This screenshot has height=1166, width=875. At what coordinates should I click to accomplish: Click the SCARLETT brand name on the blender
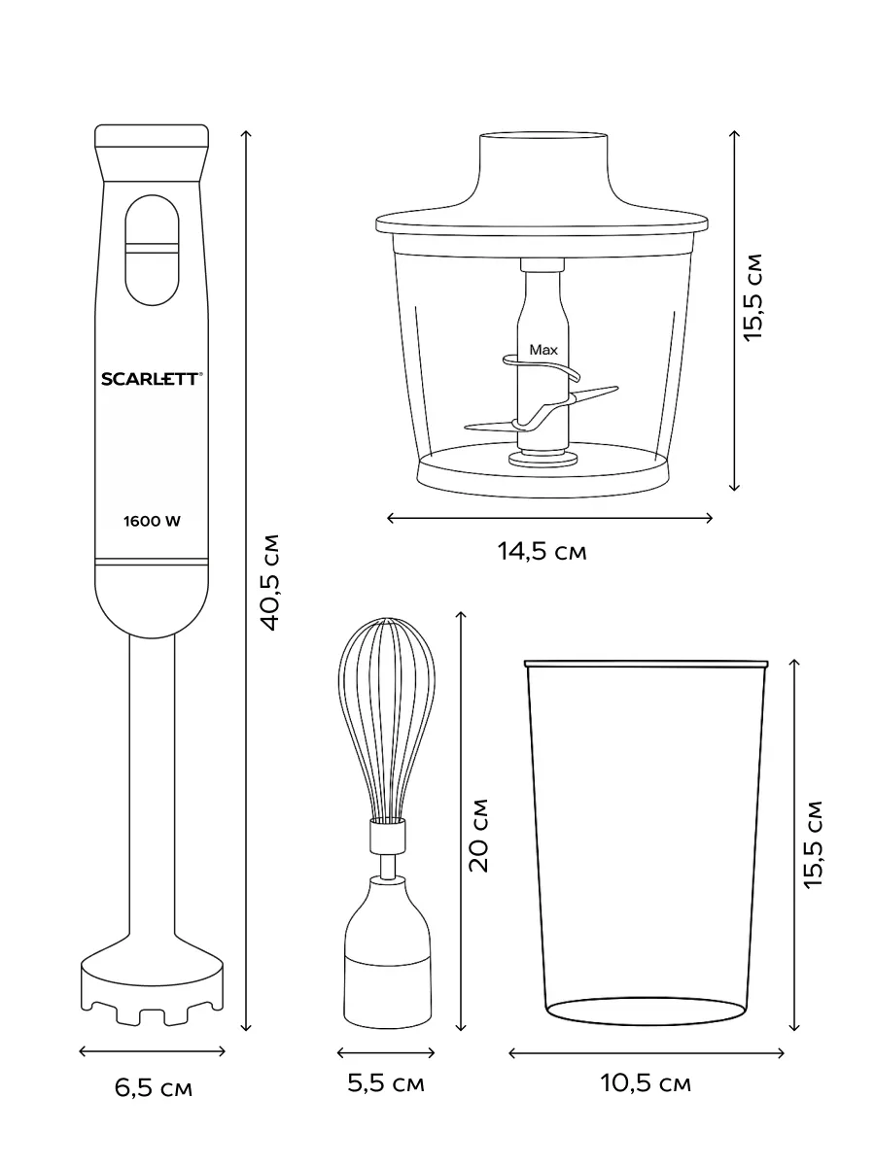pos(152,379)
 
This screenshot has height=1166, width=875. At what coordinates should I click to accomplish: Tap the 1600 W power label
pos(152,521)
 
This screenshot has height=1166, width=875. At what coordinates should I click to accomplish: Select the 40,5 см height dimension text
pos(270,582)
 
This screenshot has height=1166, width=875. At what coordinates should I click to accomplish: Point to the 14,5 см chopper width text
pos(542,551)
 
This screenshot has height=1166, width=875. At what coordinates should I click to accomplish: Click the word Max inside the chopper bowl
pos(543,350)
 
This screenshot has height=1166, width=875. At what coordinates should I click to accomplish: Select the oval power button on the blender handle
pos(152,250)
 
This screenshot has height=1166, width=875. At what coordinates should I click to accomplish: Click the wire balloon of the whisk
pos(386,718)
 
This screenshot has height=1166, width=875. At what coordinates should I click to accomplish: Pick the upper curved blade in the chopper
pos(541,366)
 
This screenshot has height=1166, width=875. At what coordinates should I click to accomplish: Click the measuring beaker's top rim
pos(646,664)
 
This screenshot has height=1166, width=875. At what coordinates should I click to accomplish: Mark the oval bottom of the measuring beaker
pos(646,1011)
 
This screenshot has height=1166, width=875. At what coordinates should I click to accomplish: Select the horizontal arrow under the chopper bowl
pos(550,518)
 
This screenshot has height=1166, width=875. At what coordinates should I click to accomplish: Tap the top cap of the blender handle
pos(152,136)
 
